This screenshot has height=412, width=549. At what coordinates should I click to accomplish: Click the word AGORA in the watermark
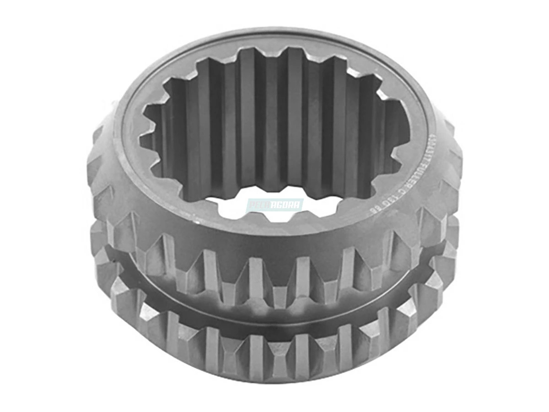click(x=287, y=205)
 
